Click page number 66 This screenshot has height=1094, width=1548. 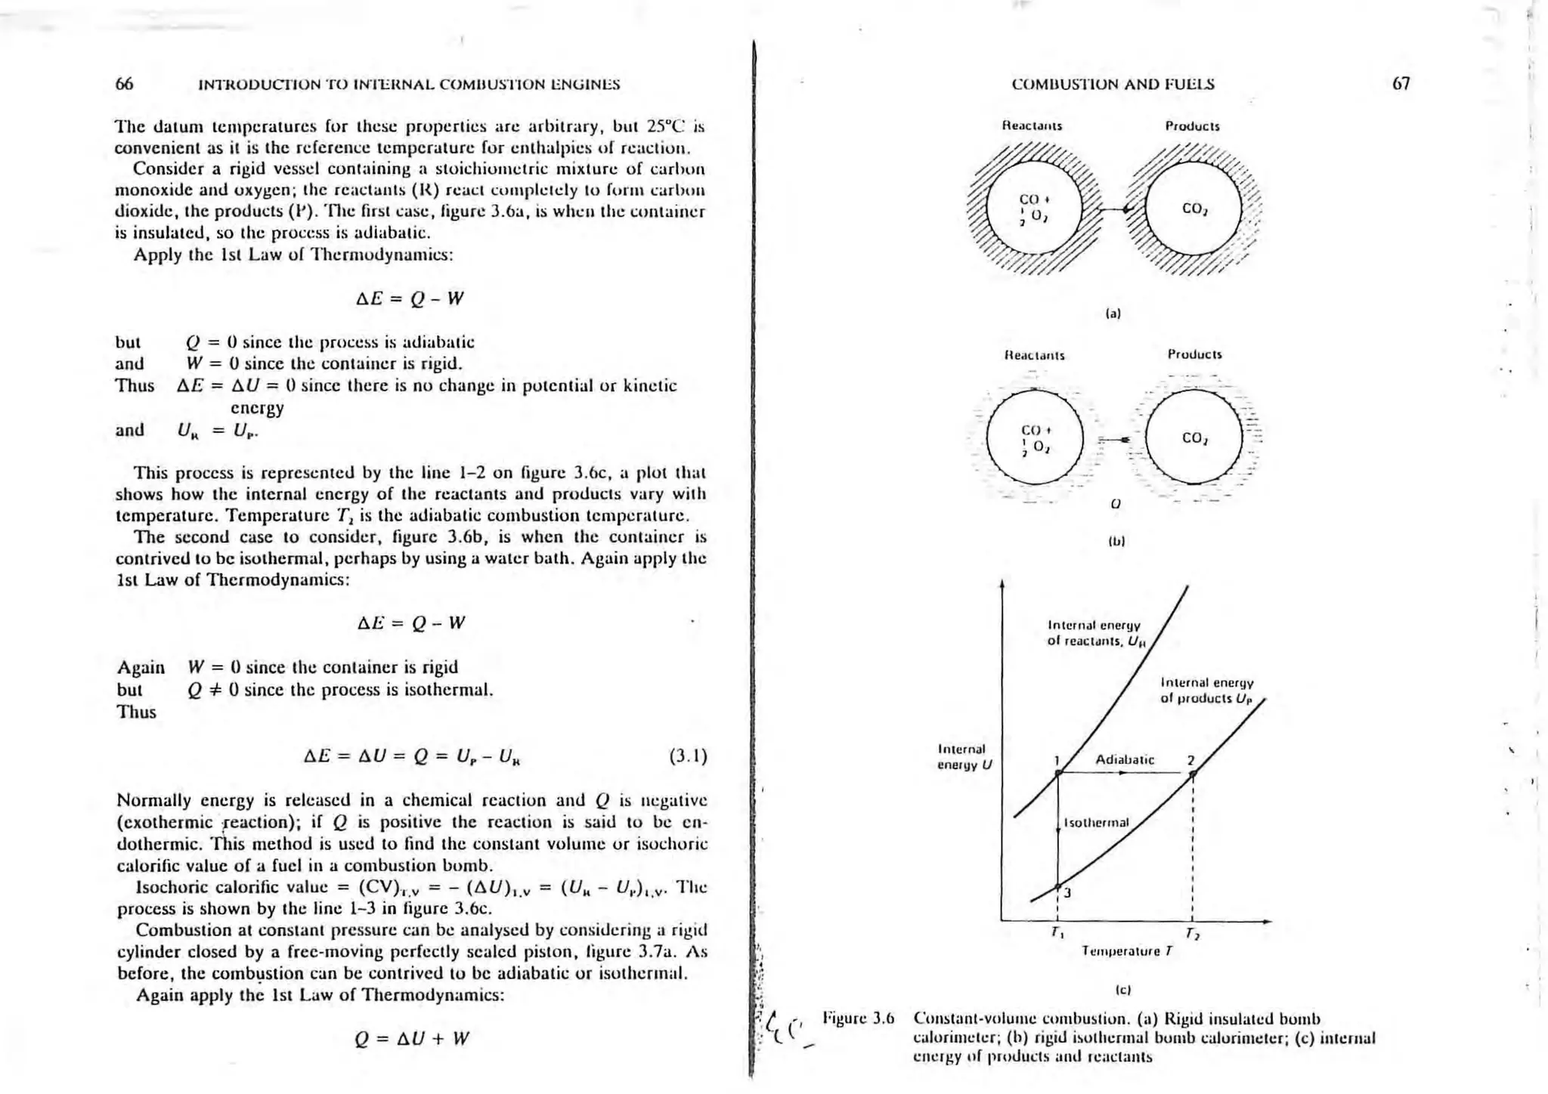point(125,84)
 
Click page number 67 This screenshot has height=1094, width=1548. point(1401,84)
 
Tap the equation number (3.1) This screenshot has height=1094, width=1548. point(688,756)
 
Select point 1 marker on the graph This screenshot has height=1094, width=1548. point(1059,772)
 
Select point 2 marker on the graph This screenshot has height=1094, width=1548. point(1192,773)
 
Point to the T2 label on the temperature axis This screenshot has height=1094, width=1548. point(1192,934)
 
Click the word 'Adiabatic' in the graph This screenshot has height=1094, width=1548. point(1125,760)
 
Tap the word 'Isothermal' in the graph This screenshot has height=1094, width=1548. point(1096,822)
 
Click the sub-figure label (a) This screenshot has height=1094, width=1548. point(1113,313)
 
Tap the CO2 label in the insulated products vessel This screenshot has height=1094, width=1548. point(1194,209)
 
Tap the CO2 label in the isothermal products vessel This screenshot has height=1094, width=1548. point(1194,438)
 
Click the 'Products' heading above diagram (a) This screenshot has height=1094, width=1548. point(1192,126)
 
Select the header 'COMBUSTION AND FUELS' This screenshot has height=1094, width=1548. point(1113,85)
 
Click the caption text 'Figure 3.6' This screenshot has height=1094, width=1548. point(858,1018)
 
